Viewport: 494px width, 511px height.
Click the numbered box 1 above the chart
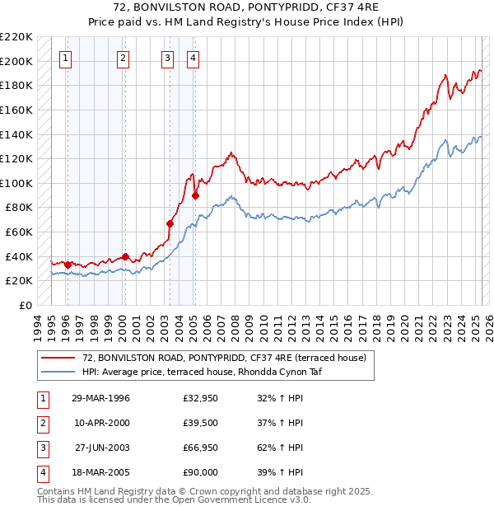65,58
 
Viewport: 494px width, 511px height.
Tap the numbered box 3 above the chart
167,58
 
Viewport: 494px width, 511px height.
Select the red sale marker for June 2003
170,223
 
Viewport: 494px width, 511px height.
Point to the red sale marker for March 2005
195,195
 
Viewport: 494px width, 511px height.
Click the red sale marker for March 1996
68,265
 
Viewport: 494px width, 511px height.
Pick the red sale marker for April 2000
125,256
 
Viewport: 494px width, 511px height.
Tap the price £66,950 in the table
202,448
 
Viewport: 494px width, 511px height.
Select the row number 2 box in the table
40,424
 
